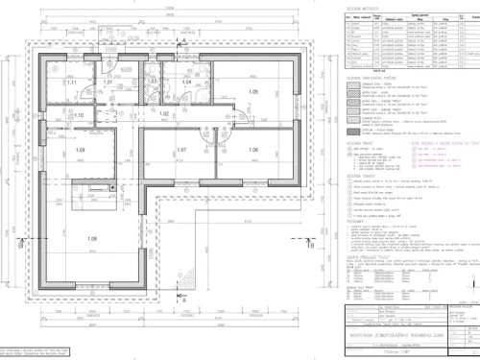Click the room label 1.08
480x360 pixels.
pyautogui.click(x=92, y=238)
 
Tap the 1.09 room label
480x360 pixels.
pyautogui.click(x=81, y=151)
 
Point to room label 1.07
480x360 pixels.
pyautogui.click(x=180, y=151)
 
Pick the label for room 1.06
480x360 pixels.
pyautogui.click(x=253, y=151)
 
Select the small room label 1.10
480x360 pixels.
pyautogui.click(x=80, y=115)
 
